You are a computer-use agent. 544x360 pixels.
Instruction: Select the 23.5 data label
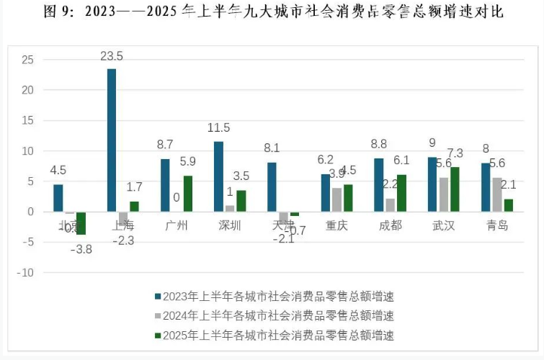click(x=111, y=56)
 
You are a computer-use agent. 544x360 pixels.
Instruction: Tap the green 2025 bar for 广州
click(x=188, y=194)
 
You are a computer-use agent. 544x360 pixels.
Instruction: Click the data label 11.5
click(x=218, y=127)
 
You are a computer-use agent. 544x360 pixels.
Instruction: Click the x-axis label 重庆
click(x=336, y=226)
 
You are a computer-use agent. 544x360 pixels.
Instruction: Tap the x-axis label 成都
click(x=390, y=226)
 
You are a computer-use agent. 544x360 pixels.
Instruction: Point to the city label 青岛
click(x=497, y=226)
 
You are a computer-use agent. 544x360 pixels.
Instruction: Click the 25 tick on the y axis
click(x=27, y=60)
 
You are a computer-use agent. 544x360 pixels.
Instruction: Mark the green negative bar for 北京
click(x=81, y=223)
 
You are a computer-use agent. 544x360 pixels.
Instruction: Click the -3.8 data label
click(x=81, y=248)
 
